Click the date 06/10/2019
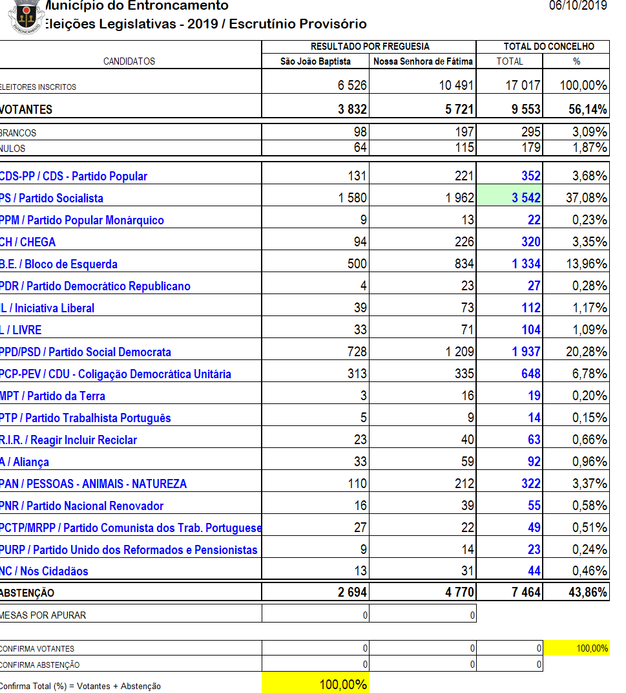pos(578,6)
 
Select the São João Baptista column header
pos(315,61)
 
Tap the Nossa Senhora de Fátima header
pos(423,61)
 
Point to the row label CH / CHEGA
pos(28,242)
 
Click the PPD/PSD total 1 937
pos(526,352)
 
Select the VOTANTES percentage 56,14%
pos(588,109)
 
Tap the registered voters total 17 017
pos(523,86)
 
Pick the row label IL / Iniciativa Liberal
pos(48,308)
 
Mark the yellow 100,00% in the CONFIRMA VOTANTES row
pos(592,648)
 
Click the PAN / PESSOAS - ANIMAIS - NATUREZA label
pos(94,484)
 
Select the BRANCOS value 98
pos(360,133)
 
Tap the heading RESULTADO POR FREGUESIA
pos(370,47)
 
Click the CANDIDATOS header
pos(129,61)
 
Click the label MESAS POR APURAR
pos(44,615)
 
